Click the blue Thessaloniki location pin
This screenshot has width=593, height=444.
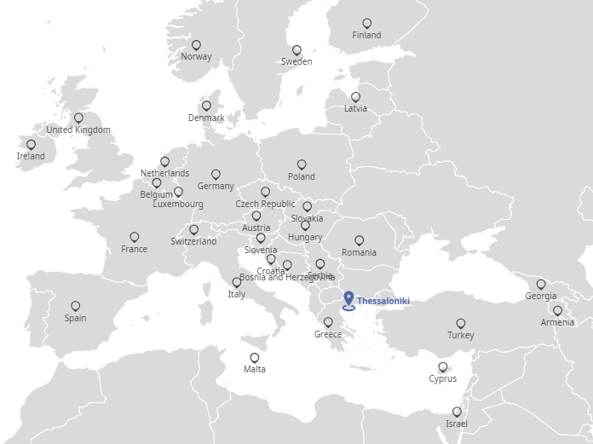[x=348, y=300]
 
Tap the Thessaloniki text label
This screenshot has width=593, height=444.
[x=383, y=302]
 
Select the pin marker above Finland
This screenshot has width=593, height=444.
[x=367, y=24]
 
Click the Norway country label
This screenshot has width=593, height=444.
[x=196, y=57]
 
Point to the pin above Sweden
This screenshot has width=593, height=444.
[x=296, y=50]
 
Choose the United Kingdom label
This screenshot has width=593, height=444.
[x=78, y=130]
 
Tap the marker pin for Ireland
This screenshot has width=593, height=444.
[x=32, y=145]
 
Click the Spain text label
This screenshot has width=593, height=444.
[x=75, y=319]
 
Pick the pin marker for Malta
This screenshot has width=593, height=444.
[x=255, y=358]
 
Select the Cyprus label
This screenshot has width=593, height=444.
[x=442, y=379]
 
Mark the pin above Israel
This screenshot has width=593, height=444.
[x=457, y=412]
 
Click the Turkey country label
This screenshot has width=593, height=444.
[x=461, y=336]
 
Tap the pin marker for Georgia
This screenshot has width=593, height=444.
[x=541, y=285]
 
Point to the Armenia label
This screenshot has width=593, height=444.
[x=557, y=323]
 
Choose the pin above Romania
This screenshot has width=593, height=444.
[x=360, y=241]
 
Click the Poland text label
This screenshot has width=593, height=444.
[x=302, y=177]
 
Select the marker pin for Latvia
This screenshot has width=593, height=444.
[x=356, y=97]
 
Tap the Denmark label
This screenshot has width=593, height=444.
[x=206, y=118]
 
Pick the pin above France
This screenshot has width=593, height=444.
[x=135, y=238]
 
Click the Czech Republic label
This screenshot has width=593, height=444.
[x=265, y=205]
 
